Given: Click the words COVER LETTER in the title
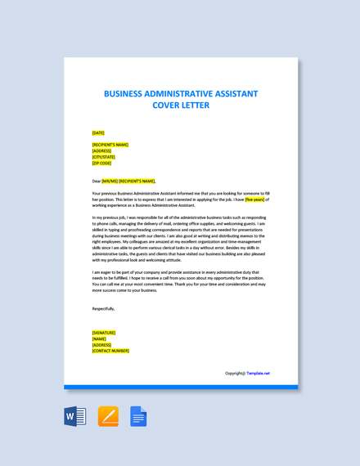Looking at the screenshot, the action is click(181, 105).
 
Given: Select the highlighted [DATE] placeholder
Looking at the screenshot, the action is click(98, 132).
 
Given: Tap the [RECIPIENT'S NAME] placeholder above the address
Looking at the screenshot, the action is click(110, 145).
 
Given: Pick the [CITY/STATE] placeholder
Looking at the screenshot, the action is click(104, 157).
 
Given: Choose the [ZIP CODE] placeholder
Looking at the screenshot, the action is click(101, 163).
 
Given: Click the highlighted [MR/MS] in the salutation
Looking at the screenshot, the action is click(110, 181).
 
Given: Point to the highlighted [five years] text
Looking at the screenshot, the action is click(254, 199).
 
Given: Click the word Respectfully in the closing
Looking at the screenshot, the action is click(103, 309).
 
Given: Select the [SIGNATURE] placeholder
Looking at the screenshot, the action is click(104, 333).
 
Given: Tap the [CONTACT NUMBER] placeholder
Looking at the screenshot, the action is click(110, 351).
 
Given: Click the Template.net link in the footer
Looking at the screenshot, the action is click(258, 373).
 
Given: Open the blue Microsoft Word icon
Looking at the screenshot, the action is click(75, 416).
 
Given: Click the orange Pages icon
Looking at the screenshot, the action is click(108, 416).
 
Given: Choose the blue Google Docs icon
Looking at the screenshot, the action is click(138, 416).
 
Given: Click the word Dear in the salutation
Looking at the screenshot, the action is click(97, 181).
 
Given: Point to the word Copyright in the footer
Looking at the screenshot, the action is click(235, 373).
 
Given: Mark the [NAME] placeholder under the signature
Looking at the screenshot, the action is click(99, 338).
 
